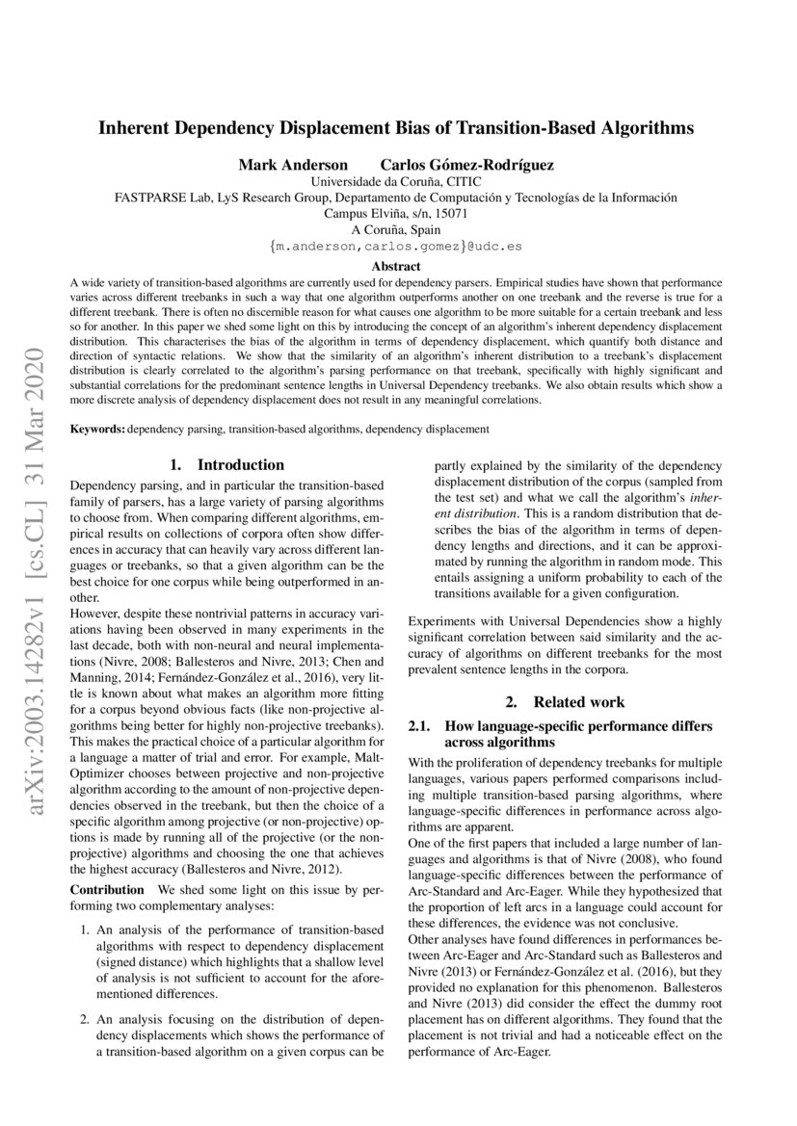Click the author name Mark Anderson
click(285, 165)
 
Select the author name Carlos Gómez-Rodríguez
click(466, 165)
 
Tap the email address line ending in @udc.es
click(396, 247)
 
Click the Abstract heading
click(396, 266)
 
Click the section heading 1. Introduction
click(226, 465)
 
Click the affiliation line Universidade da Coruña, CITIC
click(396, 181)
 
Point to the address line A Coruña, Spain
click(396, 230)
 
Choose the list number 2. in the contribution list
click(85, 1018)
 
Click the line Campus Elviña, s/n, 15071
click(396, 214)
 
